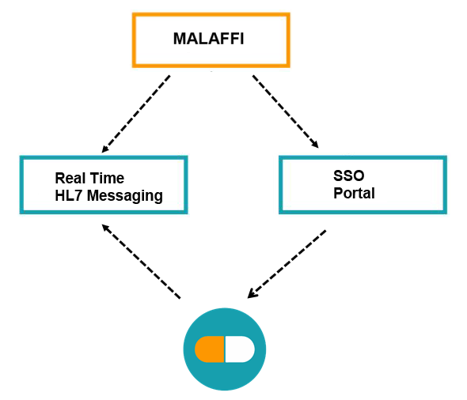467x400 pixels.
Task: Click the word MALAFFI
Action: pos(208,39)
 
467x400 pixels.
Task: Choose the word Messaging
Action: pos(125,196)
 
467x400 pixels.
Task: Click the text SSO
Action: pos(349,175)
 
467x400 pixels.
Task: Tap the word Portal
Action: pos(354,193)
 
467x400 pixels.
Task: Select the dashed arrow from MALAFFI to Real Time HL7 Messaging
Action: pos(136,114)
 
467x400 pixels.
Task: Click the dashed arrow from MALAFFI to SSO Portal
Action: pos(286,111)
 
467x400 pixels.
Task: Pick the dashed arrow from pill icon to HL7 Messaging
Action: pos(141,262)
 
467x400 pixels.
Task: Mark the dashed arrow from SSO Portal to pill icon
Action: pos(287,264)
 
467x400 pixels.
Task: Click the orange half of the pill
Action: pos(210,349)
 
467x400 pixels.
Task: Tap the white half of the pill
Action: pos(240,349)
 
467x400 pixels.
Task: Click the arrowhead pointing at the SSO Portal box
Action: pos(315,144)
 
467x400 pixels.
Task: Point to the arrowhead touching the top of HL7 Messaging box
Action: pos(105,149)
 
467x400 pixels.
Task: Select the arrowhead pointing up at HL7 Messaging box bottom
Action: pos(106,228)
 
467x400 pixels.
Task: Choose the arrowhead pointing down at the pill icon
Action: pos(252,294)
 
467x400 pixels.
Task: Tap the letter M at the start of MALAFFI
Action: pos(180,39)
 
